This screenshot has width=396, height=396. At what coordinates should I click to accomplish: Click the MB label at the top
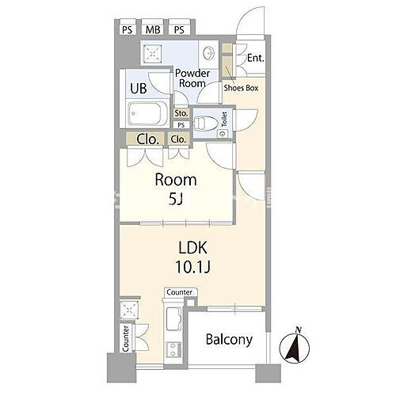(x=153, y=30)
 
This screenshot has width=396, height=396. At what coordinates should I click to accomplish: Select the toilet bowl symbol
(x=205, y=123)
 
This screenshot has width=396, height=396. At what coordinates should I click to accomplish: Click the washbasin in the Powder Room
(x=208, y=53)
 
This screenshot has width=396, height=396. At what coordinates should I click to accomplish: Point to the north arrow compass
(x=295, y=345)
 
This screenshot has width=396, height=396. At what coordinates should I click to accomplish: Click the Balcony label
(x=229, y=340)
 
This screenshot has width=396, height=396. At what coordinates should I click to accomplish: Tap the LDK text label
(x=192, y=248)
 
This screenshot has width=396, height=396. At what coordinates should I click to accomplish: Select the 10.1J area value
(x=192, y=267)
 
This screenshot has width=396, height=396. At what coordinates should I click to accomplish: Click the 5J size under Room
(x=176, y=200)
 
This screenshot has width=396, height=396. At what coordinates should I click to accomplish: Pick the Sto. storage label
(x=181, y=113)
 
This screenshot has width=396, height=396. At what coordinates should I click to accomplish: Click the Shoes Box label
(x=241, y=88)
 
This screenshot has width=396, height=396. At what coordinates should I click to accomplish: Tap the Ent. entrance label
(x=256, y=58)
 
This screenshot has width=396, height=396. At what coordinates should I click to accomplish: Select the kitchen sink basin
(x=174, y=319)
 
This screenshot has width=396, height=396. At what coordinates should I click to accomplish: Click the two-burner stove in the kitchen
(x=173, y=349)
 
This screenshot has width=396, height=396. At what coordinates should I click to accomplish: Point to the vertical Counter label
(x=126, y=339)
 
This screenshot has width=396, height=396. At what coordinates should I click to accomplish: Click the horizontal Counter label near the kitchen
(x=180, y=292)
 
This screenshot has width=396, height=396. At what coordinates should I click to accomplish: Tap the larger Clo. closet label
(x=148, y=139)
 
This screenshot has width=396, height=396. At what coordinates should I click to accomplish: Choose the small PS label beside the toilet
(x=181, y=125)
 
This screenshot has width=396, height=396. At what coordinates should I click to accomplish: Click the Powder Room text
(x=192, y=78)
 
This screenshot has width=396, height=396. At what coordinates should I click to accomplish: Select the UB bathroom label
(x=139, y=89)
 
